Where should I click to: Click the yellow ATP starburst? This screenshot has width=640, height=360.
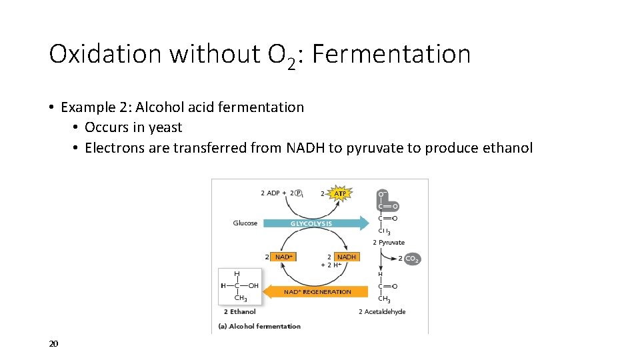click(x=340, y=193)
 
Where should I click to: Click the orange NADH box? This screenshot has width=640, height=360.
click(x=345, y=257)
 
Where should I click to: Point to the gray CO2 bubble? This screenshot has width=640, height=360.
click(x=411, y=259)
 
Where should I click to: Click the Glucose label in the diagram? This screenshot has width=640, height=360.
click(x=245, y=223)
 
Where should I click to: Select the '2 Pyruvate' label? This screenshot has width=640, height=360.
click(x=389, y=242)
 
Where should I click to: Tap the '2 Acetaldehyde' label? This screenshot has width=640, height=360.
click(x=382, y=311)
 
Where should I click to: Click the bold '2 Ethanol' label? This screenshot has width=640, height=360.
click(x=240, y=311)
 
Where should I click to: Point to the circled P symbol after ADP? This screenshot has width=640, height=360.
click(x=299, y=193)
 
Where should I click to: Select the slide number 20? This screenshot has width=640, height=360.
click(x=54, y=343)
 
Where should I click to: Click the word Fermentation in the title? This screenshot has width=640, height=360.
click(x=391, y=54)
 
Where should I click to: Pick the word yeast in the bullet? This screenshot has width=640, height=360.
click(x=167, y=127)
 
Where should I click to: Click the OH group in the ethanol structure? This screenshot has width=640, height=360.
click(x=252, y=286)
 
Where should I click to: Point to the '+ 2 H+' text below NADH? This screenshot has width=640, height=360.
click(x=331, y=265)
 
